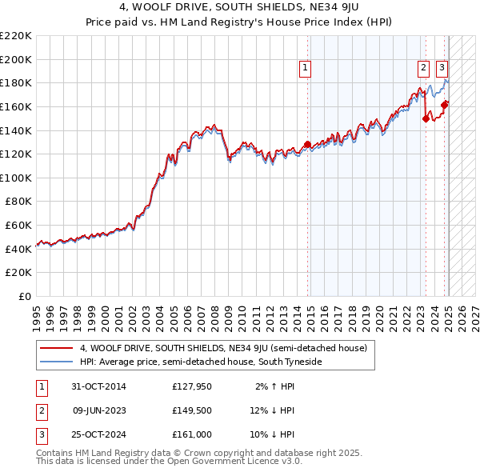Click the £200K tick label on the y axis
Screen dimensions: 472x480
pos(16,59)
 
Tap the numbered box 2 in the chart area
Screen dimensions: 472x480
pos(423,69)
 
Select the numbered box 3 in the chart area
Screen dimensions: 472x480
pos(442,69)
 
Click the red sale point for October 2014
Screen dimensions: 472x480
pos(308,145)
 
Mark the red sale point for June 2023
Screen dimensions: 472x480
pos(426,119)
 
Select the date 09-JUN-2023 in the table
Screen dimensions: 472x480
pos(98,410)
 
